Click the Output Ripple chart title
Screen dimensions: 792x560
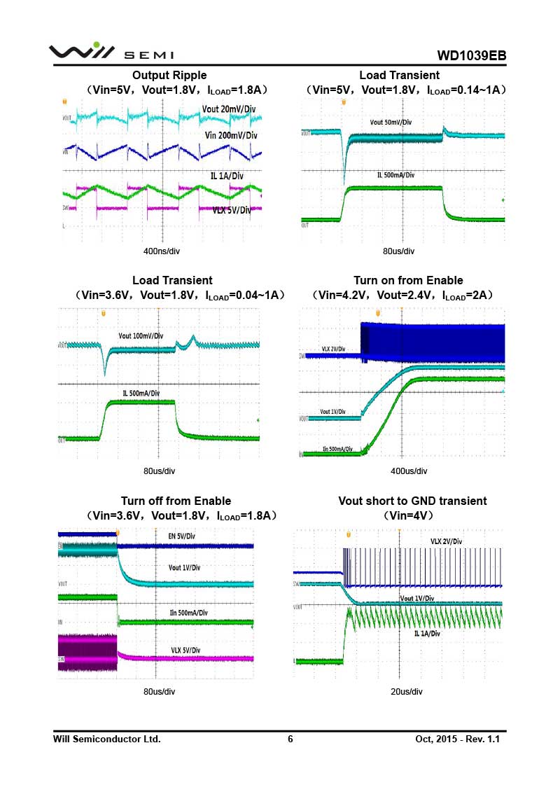169,75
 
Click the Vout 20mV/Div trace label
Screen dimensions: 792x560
228,109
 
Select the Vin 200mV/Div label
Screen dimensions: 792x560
232,135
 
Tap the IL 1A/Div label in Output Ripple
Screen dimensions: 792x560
227,176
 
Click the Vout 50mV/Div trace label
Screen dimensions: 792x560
391,123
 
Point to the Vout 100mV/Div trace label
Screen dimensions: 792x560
141,336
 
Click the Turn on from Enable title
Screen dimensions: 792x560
408,281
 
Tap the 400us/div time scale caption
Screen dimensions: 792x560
408,471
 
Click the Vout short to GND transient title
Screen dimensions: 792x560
412,501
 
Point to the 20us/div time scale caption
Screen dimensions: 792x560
407,692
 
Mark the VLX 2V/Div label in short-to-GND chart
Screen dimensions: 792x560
446,541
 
